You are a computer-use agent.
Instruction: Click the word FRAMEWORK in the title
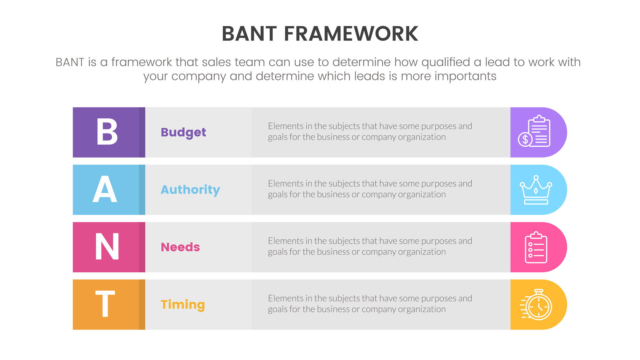351,34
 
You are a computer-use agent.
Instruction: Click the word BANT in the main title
249,34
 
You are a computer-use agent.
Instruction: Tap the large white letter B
107,132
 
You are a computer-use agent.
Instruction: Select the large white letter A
105,189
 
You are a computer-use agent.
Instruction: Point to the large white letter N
107,247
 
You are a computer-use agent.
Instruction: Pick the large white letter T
105,304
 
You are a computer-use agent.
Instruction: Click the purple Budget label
183,132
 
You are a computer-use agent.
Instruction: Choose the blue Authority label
190,190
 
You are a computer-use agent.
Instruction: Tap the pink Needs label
180,247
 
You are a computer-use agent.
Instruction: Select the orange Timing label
183,304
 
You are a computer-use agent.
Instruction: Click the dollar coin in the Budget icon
525,139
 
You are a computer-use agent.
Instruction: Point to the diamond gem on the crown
536,191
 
